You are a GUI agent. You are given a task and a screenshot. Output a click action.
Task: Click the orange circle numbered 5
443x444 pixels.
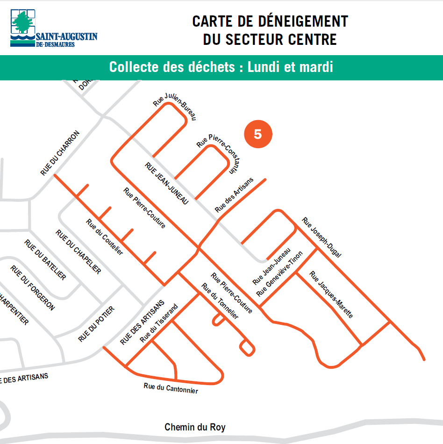click(257, 134)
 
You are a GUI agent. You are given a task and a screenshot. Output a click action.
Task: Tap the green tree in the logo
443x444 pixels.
click(22, 23)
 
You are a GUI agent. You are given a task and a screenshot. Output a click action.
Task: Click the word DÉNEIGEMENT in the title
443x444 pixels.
click(300, 21)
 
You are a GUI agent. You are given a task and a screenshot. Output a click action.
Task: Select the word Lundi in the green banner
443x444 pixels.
click(267, 67)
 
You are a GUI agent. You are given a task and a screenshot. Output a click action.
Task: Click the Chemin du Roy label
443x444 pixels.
click(195, 427)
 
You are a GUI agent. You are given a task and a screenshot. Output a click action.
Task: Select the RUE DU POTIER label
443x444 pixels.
click(96, 324)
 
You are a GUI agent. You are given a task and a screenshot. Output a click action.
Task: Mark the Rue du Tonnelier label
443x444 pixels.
click(220, 301)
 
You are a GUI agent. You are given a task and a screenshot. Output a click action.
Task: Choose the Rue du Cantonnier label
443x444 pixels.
click(171, 388)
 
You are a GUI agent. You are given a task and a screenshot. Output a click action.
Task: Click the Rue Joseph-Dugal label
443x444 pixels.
click(322, 237)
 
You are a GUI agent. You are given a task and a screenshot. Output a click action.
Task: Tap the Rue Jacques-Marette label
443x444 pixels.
click(331, 294)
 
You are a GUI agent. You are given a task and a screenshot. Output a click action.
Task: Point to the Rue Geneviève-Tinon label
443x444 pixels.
click(279, 274)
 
